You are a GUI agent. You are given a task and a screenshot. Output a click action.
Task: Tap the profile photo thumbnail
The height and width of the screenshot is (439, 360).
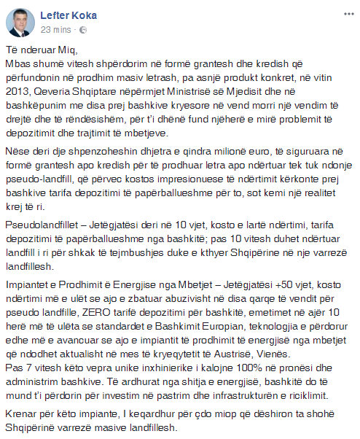[x=20, y=21]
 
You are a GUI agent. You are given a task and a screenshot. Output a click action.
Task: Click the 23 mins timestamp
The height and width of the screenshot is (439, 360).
[x=55, y=29]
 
